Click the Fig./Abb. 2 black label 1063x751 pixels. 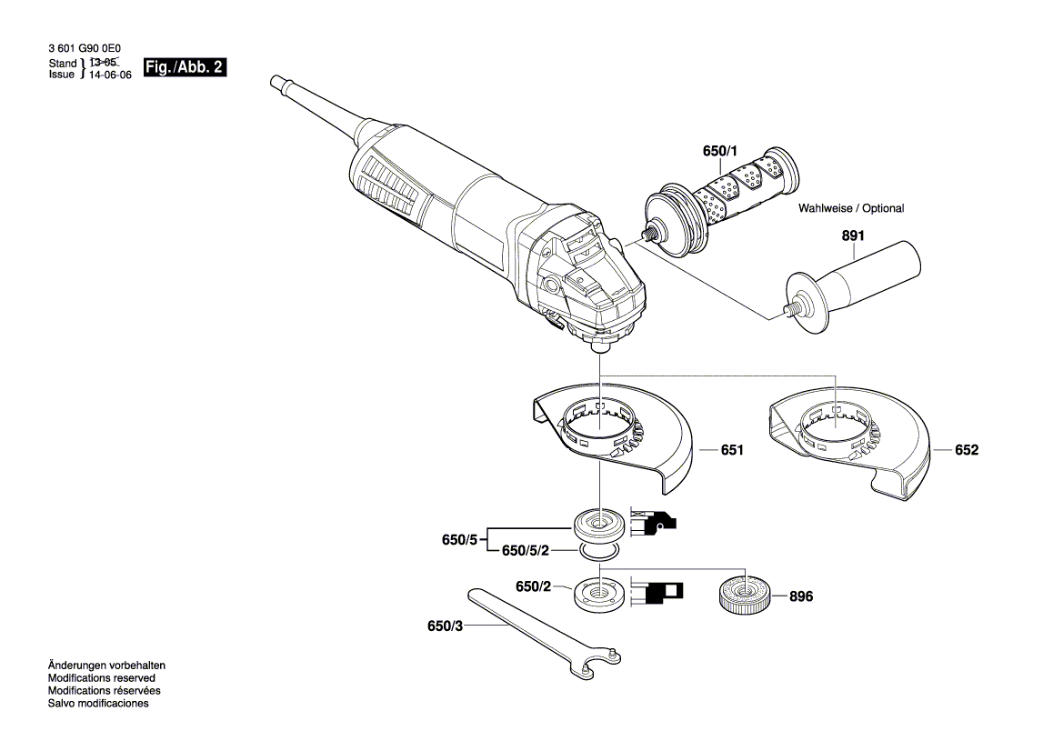(185, 68)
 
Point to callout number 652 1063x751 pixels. (966, 450)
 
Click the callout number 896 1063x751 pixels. (800, 597)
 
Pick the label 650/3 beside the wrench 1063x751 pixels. (445, 626)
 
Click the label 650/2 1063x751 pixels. (534, 588)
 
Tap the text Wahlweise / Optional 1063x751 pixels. (851, 208)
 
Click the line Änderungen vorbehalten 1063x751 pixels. (106, 666)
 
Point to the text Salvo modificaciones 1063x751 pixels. (98, 704)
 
